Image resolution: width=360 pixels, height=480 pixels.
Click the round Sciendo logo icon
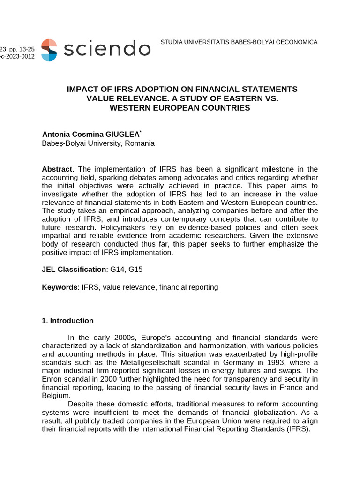(x=49, y=50)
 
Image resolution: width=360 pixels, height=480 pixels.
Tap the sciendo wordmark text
(x=107, y=49)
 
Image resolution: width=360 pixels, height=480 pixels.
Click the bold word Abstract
(x=57, y=169)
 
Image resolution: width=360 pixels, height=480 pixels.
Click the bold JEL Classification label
(x=74, y=269)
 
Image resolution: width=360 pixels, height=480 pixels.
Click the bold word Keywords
(x=60, y=287)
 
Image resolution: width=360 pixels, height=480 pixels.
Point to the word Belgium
(x=56, y=396)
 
